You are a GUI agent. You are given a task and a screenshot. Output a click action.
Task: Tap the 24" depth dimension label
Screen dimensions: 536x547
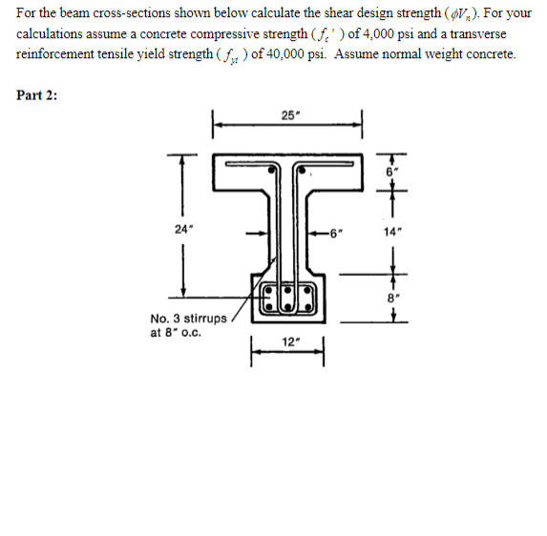click(181, 228)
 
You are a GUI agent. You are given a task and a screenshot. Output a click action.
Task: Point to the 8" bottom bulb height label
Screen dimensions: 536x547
click(394, 296)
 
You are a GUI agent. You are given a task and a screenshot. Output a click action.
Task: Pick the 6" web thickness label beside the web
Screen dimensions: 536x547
click(335, 230)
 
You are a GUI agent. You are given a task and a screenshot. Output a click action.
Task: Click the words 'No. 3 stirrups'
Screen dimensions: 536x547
click(188, 319)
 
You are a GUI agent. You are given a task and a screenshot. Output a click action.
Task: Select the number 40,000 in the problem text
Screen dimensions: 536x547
click(285, 53)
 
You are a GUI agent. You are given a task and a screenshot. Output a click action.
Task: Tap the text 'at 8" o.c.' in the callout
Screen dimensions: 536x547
click(176, 334)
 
